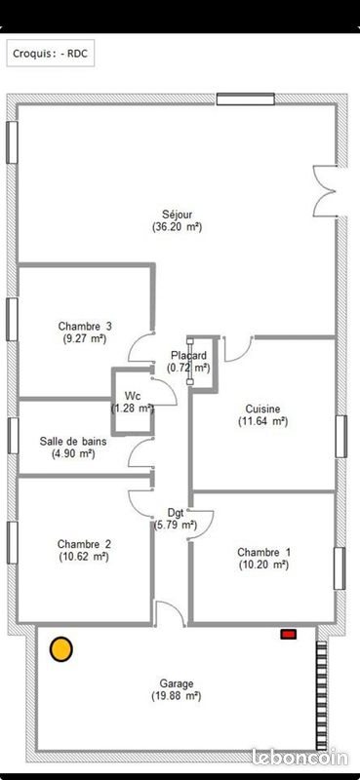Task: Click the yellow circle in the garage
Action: [61, 648]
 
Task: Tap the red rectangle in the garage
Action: [288, 635]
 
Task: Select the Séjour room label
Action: [177, 214]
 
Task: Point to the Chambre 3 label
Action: [85, 326]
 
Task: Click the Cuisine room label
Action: [262, 409]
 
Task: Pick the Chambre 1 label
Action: [263, 551]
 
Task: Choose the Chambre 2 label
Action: [84, 544]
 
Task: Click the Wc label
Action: [132, 395]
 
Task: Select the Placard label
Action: [188, 355]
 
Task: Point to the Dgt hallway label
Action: [176, 512]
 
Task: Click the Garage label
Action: [177, 683]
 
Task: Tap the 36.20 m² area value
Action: [177, 226]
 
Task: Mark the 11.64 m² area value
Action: [262, 421]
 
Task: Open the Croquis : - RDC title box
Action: [50, 56]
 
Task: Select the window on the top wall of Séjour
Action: [245, 98]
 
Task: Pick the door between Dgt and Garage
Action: [168, 614]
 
